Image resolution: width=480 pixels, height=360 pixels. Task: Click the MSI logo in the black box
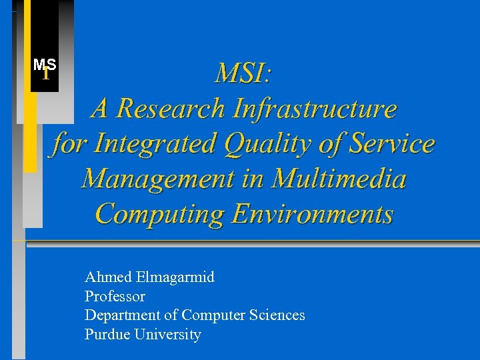[45, 68]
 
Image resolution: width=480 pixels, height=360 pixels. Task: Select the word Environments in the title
[312, 215]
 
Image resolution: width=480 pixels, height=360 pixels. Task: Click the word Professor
[115, 296]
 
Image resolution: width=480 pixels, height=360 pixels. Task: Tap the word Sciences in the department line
[279, 315]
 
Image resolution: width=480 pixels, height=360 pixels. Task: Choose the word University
[167, 335]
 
